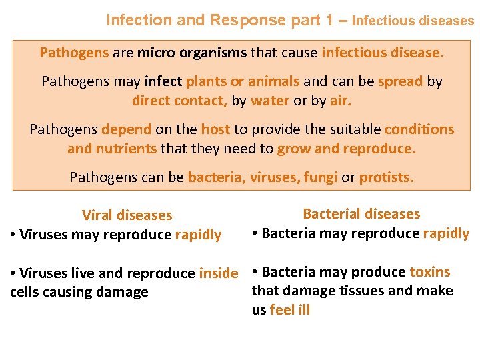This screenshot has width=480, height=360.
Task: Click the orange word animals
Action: (273, 81)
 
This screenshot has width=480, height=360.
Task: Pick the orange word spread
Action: (400, 81)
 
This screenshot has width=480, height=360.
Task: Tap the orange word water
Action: (270, 101)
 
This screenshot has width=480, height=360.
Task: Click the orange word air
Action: (340, 101)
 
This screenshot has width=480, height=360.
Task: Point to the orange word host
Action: (215, 129)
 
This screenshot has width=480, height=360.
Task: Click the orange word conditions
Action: (419, 129)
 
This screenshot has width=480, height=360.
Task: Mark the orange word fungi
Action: (321, 177)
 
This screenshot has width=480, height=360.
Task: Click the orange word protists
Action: (387, 177)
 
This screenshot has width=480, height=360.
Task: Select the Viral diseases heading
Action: (127, 215)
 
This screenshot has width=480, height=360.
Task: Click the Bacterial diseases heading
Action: (361, 214)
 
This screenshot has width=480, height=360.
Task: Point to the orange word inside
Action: (218, 273)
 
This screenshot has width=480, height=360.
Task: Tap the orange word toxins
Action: (430, 272)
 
